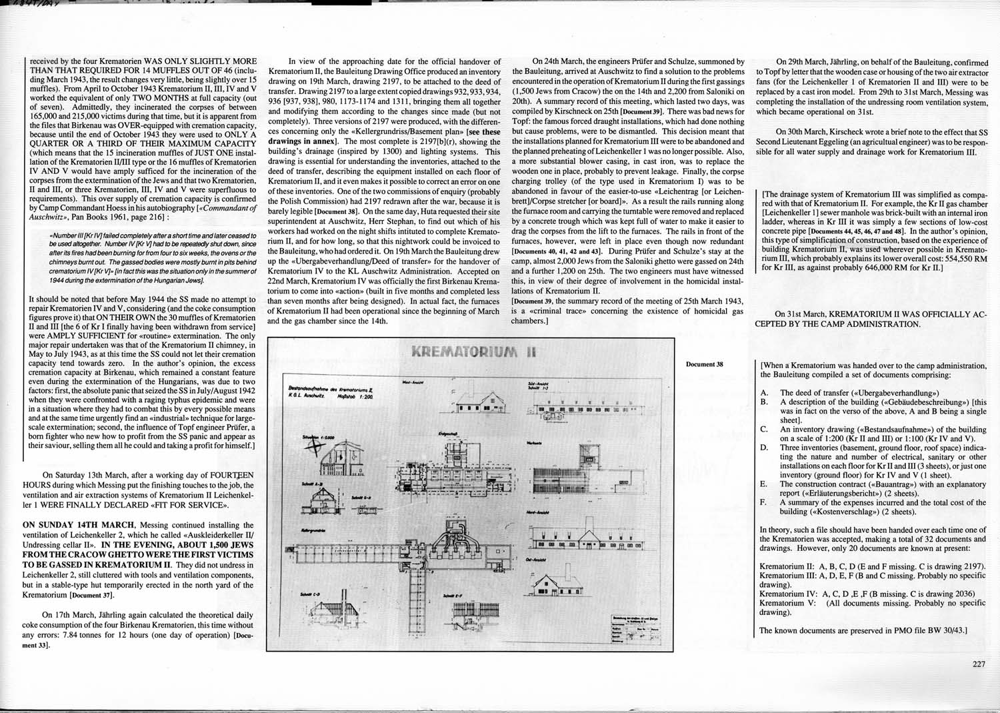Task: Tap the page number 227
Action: coord(978,664)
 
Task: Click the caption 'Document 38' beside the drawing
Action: coord(704,364)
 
